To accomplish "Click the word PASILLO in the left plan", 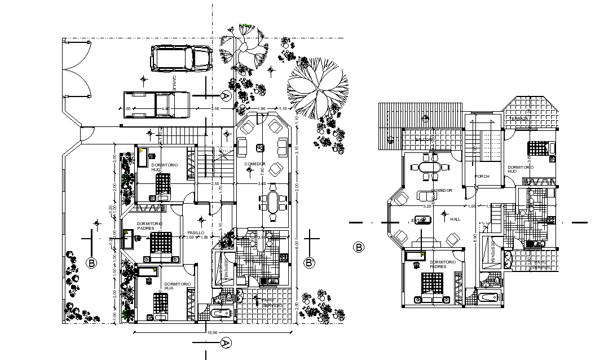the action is [196, 232].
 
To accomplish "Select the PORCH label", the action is [482, 176].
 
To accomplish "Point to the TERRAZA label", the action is [520, 118].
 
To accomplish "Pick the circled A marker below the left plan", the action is [225, 343].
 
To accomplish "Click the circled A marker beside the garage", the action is [225, 96].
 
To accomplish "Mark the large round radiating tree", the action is [317, 85].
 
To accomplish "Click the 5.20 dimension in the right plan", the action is [427, 207].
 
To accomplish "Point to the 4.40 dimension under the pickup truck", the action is [165, 108].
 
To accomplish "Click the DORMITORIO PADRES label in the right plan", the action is [443, 264].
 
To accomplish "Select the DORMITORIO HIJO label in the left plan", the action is [164, 167].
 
